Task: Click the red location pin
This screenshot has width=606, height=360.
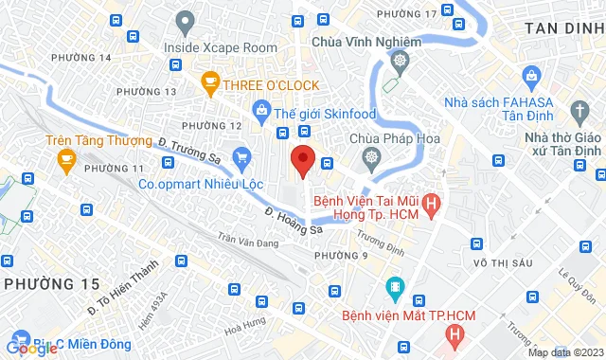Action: point(302,159)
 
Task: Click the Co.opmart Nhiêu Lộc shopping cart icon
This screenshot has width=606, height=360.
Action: point(242,157)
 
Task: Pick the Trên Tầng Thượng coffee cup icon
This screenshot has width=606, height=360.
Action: point(65,160)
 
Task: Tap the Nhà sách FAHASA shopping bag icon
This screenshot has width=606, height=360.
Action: point(531,75)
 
